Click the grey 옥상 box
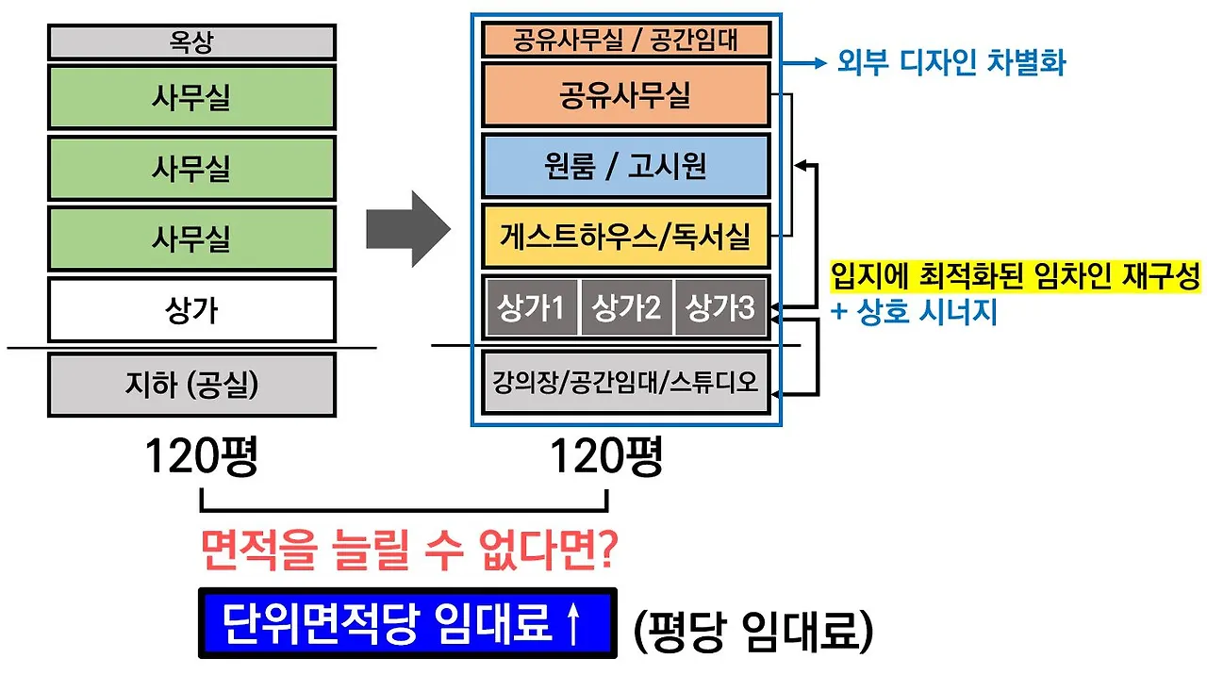tap(191, 42)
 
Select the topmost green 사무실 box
tap(191, 97)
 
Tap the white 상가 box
tap(191, 309)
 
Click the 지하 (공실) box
tap(191, 385)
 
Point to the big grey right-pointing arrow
tap(407, 229)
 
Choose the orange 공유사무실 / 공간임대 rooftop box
tap(626, 41)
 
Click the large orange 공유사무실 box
tap(626, 95)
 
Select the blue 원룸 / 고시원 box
tap(626, 167)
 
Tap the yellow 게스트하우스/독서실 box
tap(626, 236)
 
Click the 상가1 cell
tap(531, 307)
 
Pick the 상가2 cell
tap(626, 307)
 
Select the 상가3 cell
tap(721, 307)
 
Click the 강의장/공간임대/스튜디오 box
tap(626, 382)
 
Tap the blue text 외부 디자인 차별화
tap(951, 63)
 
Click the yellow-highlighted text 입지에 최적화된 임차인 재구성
tap(1015, 278)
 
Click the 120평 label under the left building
tap(202, 458)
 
